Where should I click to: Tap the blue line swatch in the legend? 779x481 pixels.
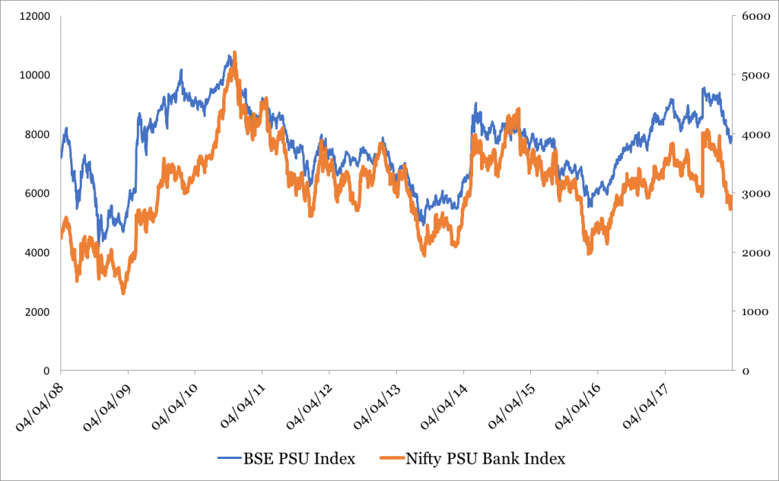pos(231,458)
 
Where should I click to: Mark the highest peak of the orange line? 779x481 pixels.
pos(234,53)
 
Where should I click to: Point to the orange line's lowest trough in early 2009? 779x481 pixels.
pos(123,292)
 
